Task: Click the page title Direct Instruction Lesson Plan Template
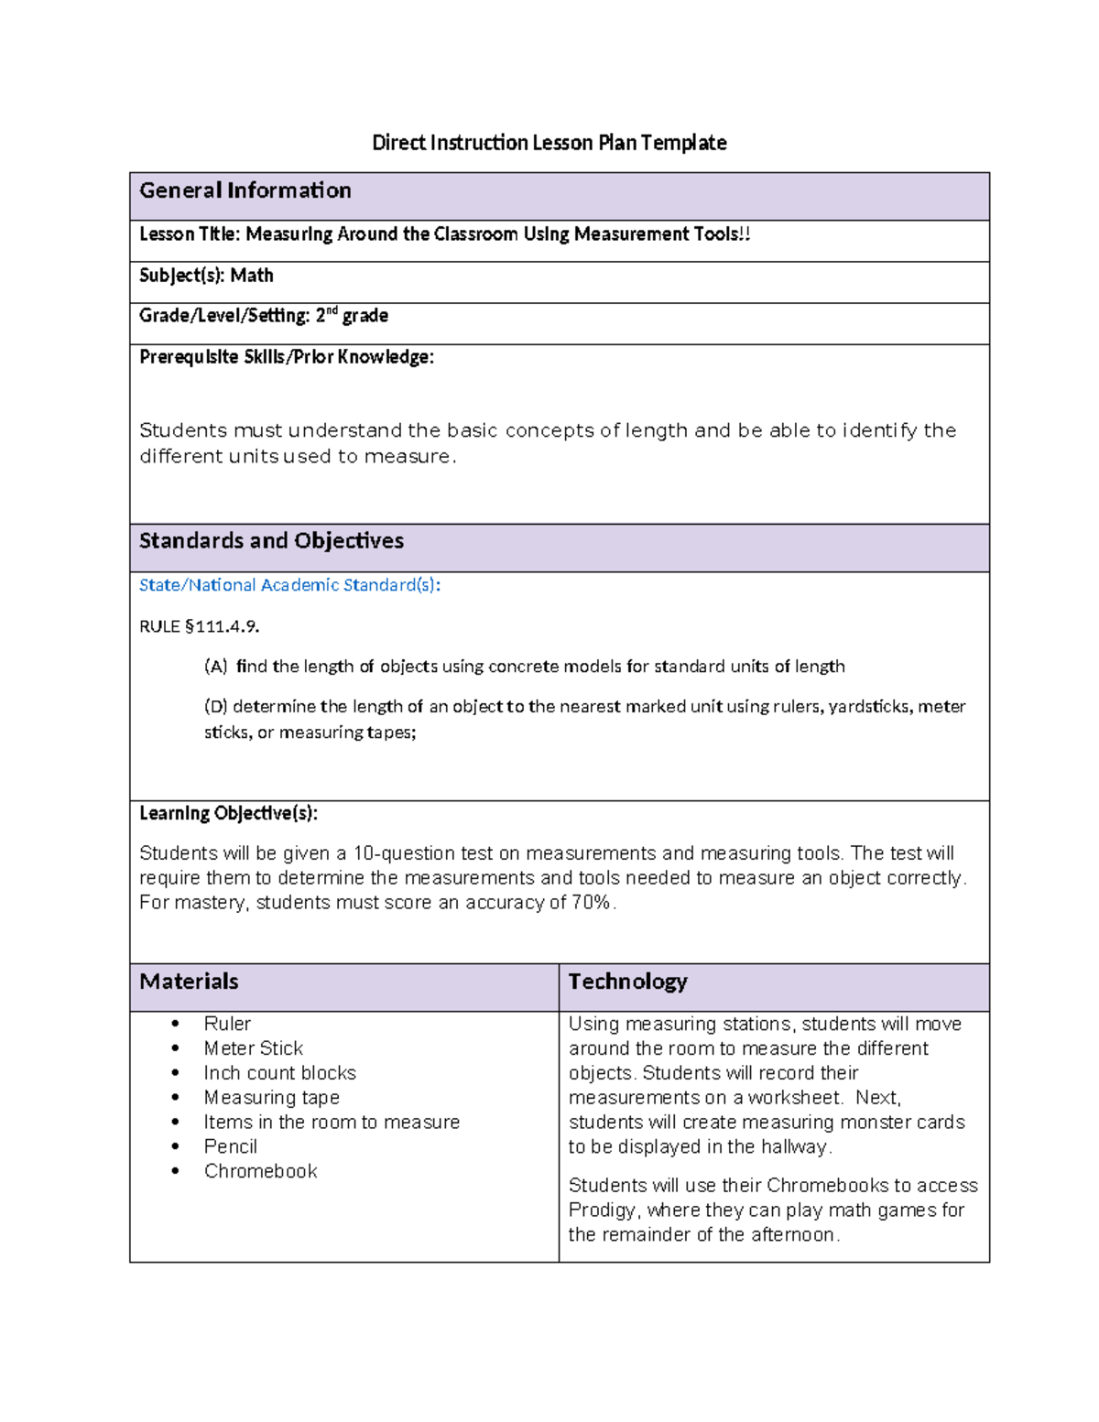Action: pyautogui.click(x=549, y=143)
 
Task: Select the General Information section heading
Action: pyautogui.click(x=245, y=190)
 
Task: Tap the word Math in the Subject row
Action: pyautogui.click(x=252, y=276)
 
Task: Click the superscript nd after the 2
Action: pyautogui.click(x=332, y=311)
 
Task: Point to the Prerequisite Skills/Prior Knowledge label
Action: pyautogui.click(x=286, y=357)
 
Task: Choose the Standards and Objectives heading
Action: pyautogui.click(x=271, y=541)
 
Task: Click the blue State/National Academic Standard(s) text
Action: pyautogui.click(x=289, y=585)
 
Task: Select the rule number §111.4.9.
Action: pyautogui.click(x=223, y=627)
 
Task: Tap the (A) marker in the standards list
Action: pyautogui.click(x=215, y=667)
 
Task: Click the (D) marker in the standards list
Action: pyautogui.click(x=215, y=707)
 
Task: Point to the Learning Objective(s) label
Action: pyautogui.click(x=228, y=813)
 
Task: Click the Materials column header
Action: pyautogui.click(x=189, y=982)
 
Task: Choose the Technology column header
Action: pyautogui.click(x=627, y=982)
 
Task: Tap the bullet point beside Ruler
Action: pyautogui.click(x=175, y=1025)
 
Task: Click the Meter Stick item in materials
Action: pyautogui.click(x=253, y=1048)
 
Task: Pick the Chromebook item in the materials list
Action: pyautogui.click(x=260, y=1171)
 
